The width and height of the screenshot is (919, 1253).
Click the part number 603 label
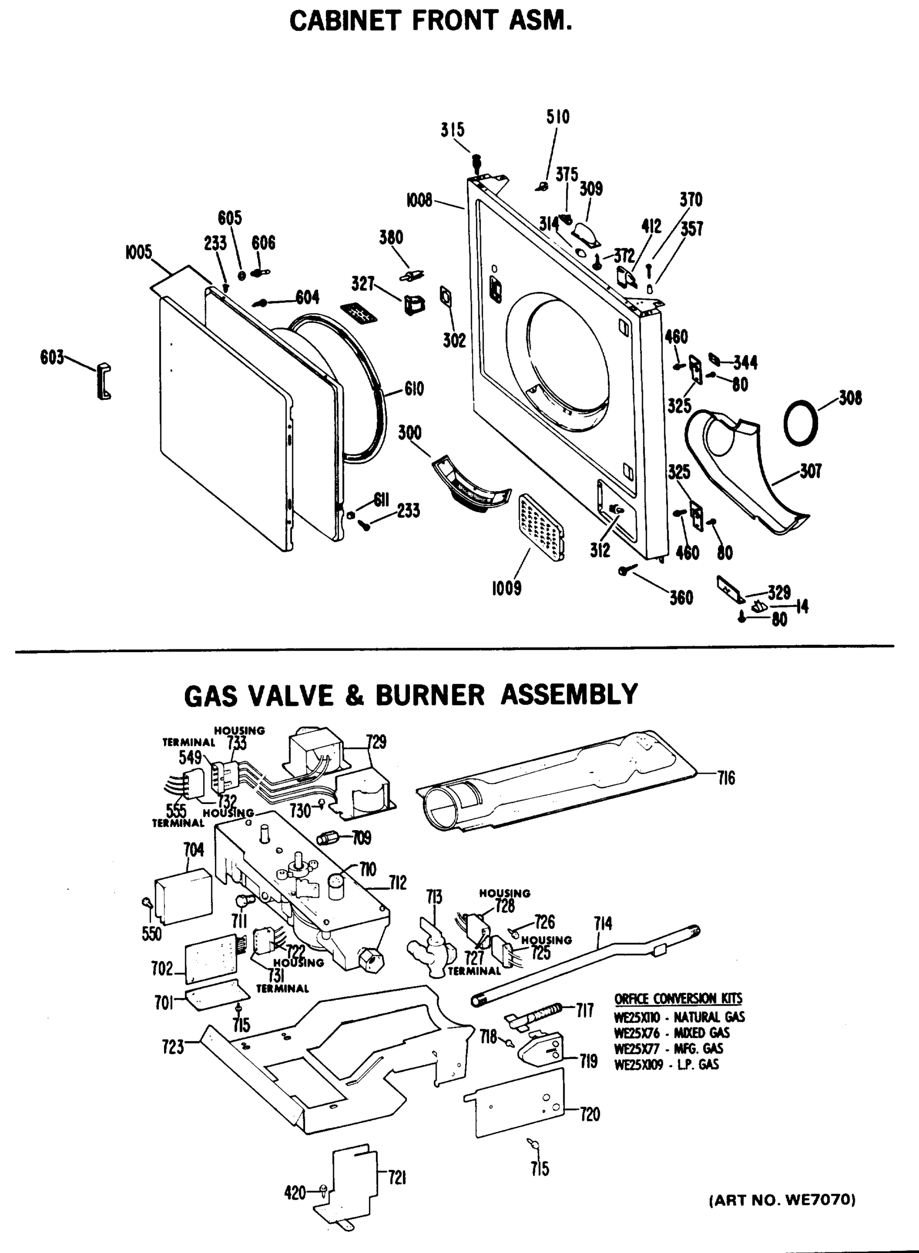[x=52, y=358]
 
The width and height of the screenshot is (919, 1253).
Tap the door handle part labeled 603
[x=104, y=382]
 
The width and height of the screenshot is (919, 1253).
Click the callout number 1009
[x=506, y=588]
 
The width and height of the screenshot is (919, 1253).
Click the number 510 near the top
[x=558, y=117]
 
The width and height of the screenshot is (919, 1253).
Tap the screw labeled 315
[x=477, y=162]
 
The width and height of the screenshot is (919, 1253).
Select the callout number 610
[x=414, y=389]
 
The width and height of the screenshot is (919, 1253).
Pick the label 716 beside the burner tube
[x=726, y=778]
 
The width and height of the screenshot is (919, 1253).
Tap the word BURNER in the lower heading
[x=430, y=695]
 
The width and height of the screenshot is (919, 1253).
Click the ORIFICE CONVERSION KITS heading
[x=678, y=999]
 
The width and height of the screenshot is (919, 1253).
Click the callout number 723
[x=173, y=1047]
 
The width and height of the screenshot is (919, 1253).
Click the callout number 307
[x=810, y=471]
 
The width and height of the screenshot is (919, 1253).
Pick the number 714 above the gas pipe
[x=603, y=924]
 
